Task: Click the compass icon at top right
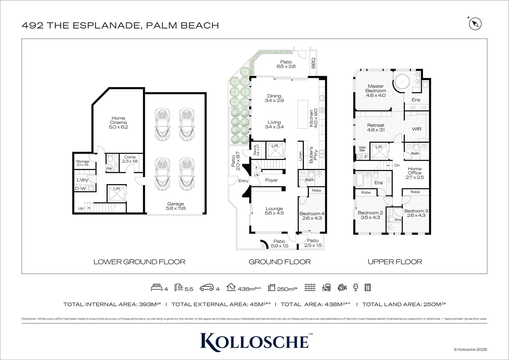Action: pos(475,24)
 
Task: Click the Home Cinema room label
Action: pos(118,122)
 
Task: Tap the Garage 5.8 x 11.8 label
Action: pos(175,206)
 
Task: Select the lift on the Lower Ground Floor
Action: pos(117,194)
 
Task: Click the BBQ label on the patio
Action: pos(313,63)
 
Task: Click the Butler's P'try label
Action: pos(313,154)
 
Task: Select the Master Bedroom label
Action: pos(375,91)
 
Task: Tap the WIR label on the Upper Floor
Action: pos(416,129)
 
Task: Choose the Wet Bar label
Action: pos(362,149)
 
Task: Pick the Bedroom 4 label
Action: pos(312,216)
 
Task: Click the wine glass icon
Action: pos(355,287)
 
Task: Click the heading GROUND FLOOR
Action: pos(279,262)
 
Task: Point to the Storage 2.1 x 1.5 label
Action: pos(83,163)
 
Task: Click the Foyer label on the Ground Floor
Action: pos(271,180)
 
